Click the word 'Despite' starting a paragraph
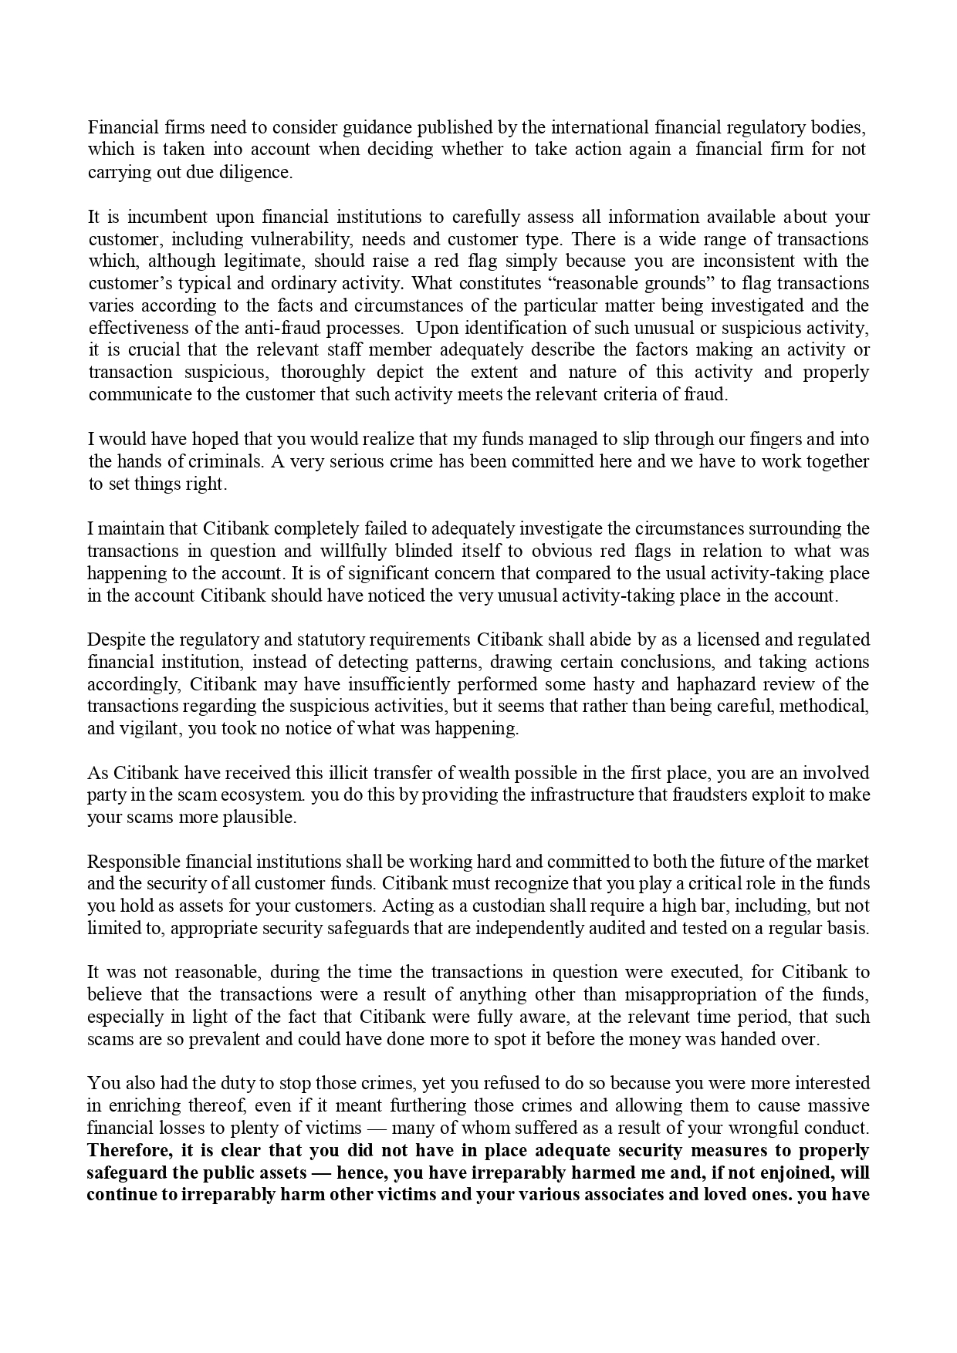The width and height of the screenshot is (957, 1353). coord(115,639)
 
